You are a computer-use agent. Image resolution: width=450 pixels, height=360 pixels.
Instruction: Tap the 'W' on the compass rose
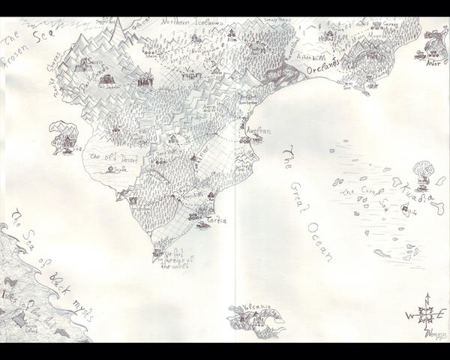coord(409,315)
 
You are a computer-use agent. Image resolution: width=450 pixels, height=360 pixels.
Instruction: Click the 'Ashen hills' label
coord(310,56)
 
